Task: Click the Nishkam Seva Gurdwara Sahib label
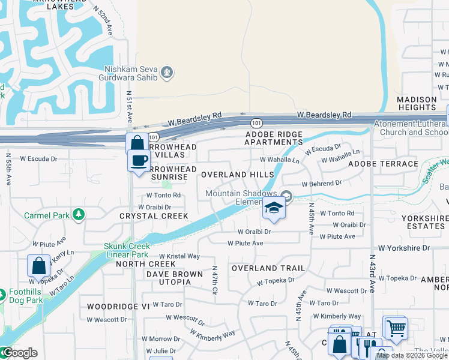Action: tap(131, 73)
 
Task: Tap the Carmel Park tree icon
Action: tap(77, 215)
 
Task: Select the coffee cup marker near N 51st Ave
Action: tap(139, 161)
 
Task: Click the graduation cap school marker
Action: tap(274, 208)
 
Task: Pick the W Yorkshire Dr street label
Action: tap(404, 247)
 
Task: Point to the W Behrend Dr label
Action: tap(321, 183)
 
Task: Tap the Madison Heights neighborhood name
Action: tap(416, 103)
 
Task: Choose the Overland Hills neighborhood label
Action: tap(237, 174)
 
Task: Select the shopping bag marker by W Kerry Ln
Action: tap(38, 266)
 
